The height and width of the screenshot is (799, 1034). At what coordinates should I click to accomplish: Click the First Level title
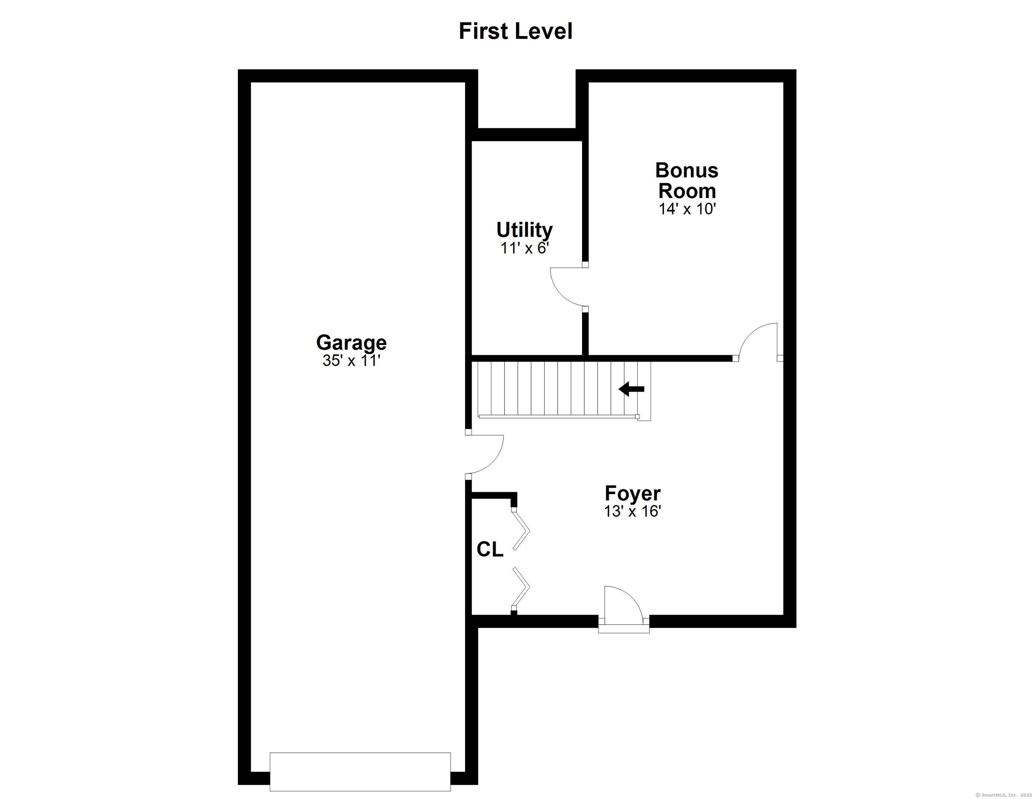[x=516, y=31]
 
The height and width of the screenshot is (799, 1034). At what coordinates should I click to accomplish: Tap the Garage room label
[x=351, y=342]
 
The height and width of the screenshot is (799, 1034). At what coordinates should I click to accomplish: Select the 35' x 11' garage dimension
[x=351, y=361]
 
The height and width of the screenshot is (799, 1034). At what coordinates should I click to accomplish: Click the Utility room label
[x=524, y=230]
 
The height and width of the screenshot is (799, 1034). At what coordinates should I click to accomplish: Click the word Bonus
[x=687, y=171]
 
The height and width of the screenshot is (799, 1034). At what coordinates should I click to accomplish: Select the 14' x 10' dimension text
[x=687, y=209]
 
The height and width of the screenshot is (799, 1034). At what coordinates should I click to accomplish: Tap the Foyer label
[x=632, y=493]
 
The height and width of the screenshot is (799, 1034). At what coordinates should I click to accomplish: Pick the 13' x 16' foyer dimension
[x=632, y=512]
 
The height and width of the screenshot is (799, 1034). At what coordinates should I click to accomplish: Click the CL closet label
[x=490, y=549]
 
